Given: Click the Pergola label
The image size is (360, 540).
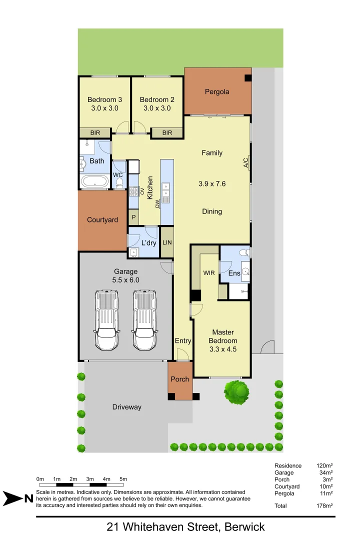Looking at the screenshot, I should coord(217,91).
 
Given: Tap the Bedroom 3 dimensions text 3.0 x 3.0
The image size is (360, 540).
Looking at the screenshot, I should coord(104,108).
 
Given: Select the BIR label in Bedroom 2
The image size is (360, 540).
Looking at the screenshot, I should coord(167,132).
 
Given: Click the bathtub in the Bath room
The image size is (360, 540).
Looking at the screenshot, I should coord(94,181).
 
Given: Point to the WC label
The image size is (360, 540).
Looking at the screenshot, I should coord(118,175).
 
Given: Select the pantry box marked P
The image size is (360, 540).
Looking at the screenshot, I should coord(133,217).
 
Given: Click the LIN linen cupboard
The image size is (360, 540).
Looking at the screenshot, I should coord(167,242).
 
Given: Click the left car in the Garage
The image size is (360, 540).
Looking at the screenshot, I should coord(106,321).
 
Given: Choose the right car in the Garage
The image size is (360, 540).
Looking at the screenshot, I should coord(144,321).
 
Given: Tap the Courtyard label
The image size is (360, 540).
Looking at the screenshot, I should coord(102,220).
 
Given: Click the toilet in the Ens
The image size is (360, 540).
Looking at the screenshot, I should coord(243,252).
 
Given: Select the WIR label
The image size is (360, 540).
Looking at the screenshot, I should coord(208,273).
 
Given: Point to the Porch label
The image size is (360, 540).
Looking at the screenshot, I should coord(180,379).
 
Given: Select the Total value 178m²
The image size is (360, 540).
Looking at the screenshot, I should coord(324,505).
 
